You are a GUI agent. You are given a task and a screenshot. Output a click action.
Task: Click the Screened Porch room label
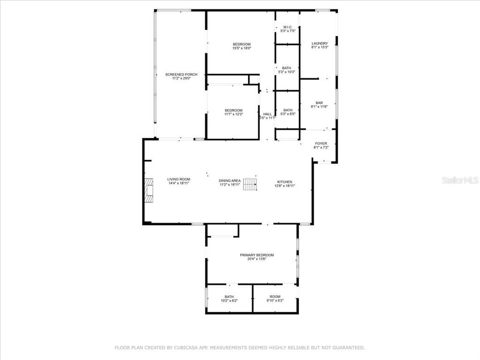[181, 75]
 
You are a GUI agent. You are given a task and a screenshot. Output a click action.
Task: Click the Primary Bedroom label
[257, 255]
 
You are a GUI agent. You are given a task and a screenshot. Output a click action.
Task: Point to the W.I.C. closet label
[288, 27]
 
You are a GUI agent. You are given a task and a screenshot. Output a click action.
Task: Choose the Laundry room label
[320, 44]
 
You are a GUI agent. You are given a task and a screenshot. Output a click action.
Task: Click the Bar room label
[319, 103]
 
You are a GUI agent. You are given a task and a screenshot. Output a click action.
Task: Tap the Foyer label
[321, 143]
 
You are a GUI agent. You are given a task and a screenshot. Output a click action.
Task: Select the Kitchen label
[285, 182]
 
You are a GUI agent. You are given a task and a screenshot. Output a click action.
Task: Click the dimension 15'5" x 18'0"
[242, 48]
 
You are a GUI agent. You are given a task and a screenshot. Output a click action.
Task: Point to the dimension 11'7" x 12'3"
[233, 114]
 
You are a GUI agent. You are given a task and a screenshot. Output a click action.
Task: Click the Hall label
[267, 114]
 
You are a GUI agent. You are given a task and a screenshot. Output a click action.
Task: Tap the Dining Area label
[230, 180]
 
